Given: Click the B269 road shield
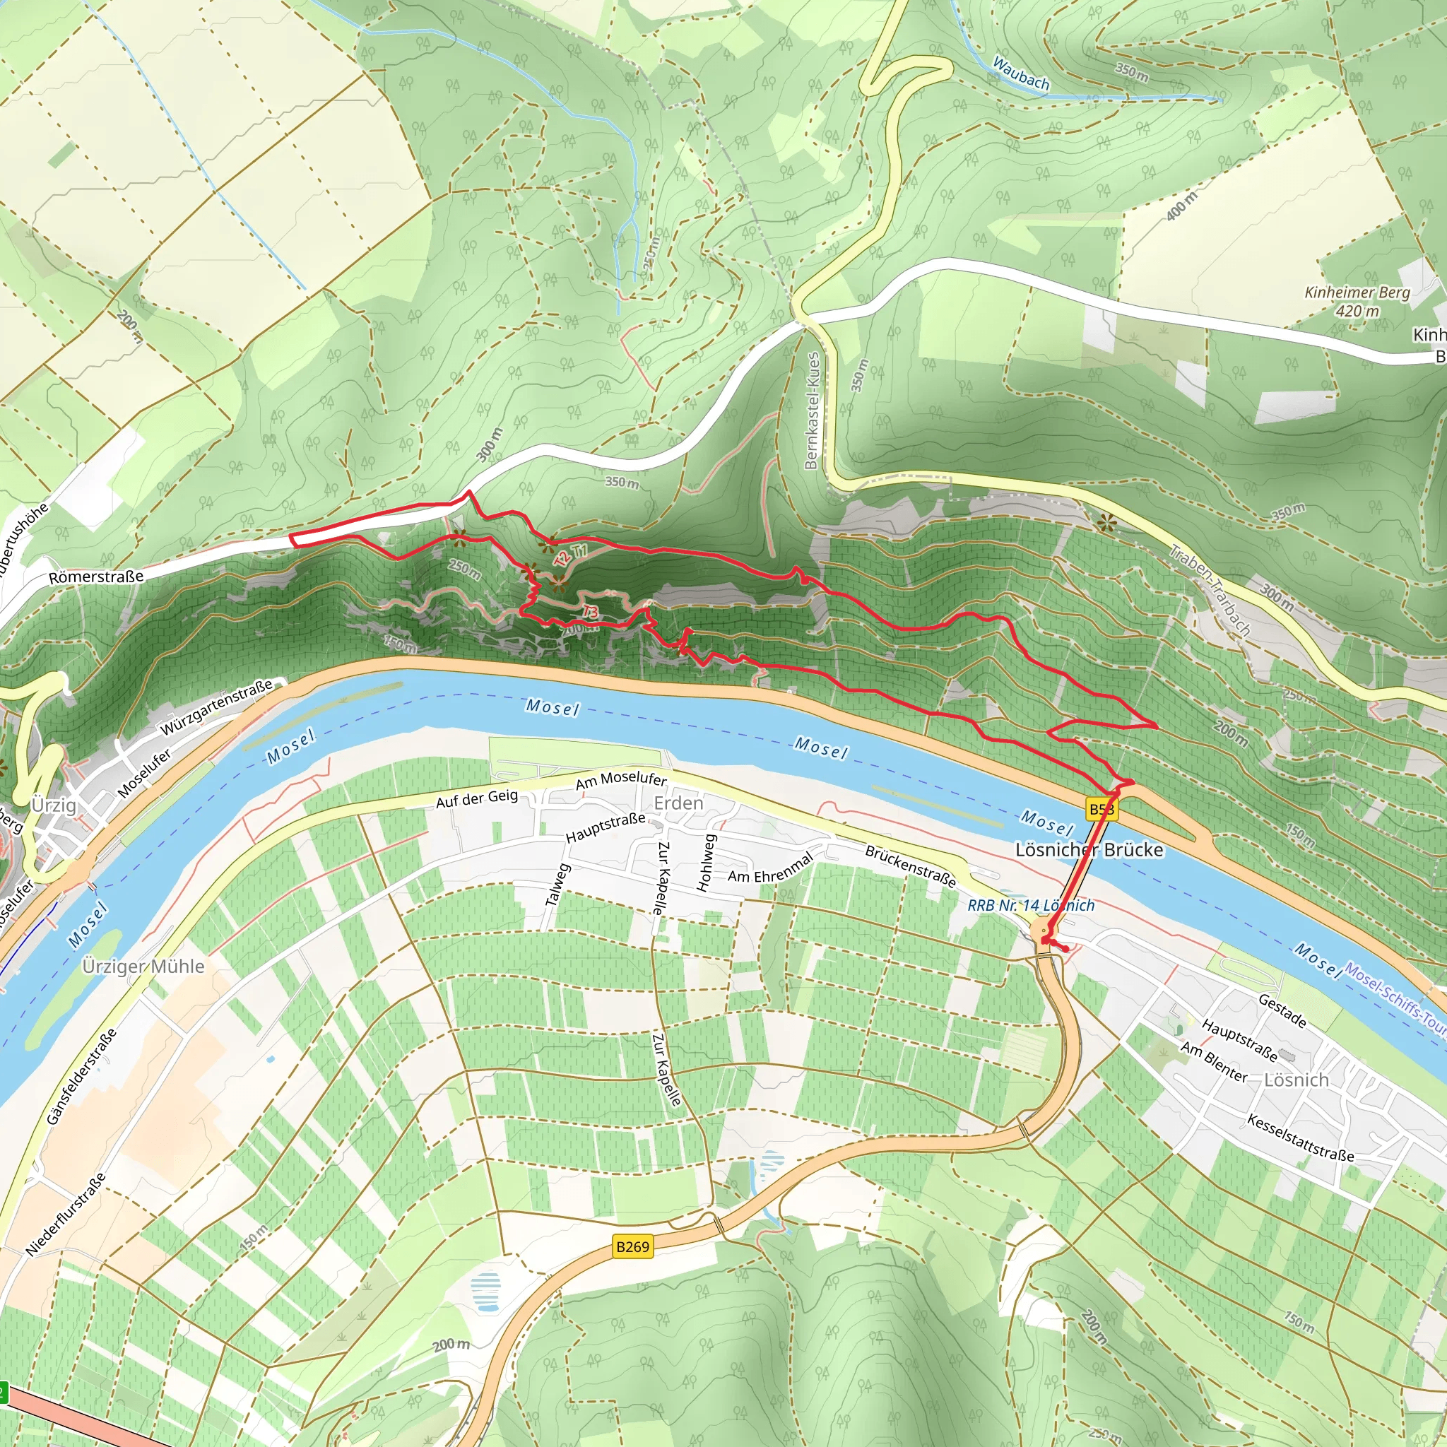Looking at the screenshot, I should (632, 1246).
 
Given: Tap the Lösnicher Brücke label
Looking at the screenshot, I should (1089, 849).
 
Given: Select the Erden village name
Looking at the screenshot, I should (678, 803).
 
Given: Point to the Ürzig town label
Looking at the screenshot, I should (53, 805).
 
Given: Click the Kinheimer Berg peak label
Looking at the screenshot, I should (1357, 301).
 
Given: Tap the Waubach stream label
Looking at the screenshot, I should (1021, 73).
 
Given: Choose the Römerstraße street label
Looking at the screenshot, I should (96, 577).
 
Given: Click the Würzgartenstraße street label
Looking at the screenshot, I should (216, 707).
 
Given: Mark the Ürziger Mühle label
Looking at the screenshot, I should (143, 966).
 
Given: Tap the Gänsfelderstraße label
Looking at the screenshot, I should (81, 1077).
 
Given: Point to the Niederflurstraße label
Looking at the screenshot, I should (65, 1215).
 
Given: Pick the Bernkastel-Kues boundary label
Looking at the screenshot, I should (812, 411).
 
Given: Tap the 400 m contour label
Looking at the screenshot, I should (1182, 205).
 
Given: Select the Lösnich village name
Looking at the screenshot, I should (1296, 1080).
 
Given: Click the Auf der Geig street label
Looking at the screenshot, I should (476, 798).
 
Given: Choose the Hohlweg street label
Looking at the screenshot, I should (706, 863).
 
